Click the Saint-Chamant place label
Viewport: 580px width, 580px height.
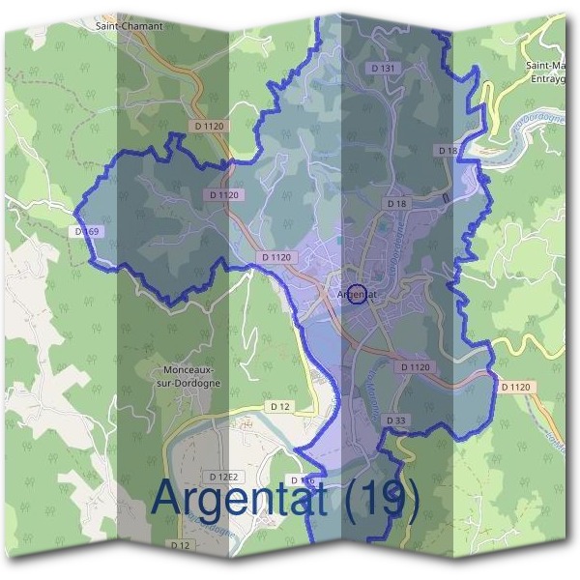tap(129, 26)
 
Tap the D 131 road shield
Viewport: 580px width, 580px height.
tap(384, 69)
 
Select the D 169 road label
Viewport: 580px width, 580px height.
tap(86, 232)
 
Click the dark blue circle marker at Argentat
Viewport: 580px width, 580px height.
tap(356, 294)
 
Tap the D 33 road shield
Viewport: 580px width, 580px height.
tap(395, 420)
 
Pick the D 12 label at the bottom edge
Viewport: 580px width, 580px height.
tap(182, 545)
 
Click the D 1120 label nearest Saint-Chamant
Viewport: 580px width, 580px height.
tap(209, 127)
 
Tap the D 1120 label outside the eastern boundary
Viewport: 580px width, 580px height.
tap(516, 387)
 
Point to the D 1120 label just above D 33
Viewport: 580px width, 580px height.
tap(414, 367)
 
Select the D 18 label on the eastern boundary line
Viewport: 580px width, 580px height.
tap(448, 151)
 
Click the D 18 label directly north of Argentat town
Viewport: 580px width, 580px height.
tap(397, 204)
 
